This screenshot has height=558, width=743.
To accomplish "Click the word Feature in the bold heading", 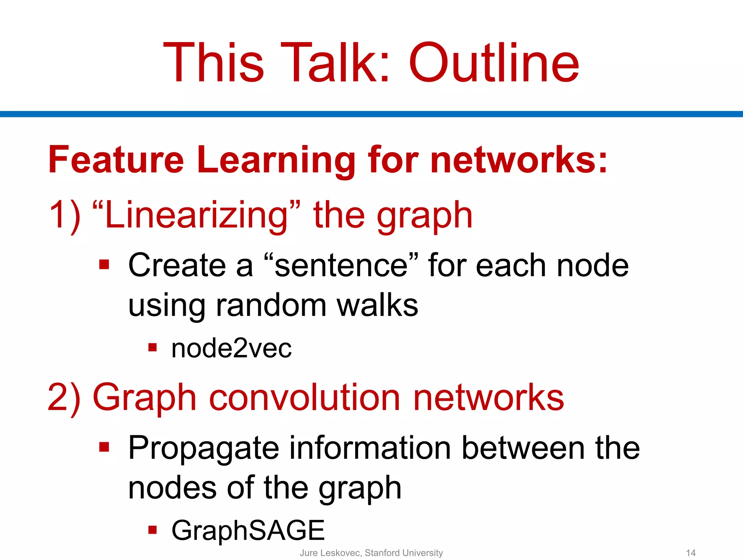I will (116, 160).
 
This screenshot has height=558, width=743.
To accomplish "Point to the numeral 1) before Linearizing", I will (65, 216).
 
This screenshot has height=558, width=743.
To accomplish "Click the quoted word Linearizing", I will (196, 216).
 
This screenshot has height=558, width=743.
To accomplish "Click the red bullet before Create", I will (104, 264).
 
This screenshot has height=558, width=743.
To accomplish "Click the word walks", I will (377, 305).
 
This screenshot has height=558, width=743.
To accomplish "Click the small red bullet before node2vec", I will (152, 348).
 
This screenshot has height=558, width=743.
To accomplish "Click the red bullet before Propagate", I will (104, 447).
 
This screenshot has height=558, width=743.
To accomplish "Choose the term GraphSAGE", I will (248, 530).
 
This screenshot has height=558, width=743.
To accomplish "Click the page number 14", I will (691, 553).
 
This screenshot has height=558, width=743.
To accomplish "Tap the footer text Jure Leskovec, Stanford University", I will (371, 553).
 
